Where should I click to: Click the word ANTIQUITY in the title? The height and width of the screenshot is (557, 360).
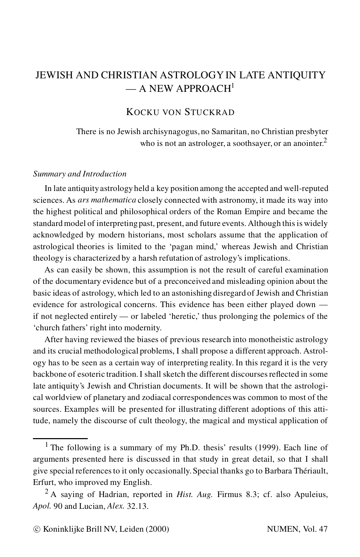[x=298, y=75]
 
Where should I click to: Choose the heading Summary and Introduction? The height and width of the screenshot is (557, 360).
[x=80, y=174]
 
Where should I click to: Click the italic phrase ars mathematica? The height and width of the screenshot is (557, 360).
[x=107, y=200]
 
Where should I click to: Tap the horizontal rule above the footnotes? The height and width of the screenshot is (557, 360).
[x=60, y=438]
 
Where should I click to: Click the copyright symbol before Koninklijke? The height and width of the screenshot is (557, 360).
[x=37, y=529]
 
